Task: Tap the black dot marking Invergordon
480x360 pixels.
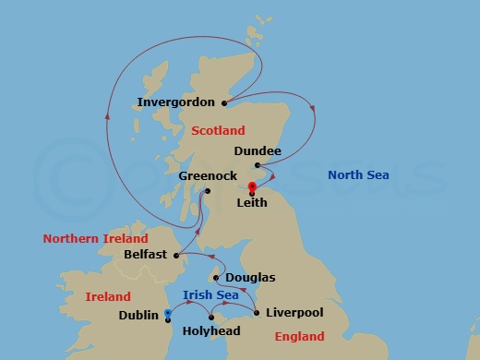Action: click(224, 102)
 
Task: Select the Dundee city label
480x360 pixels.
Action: click(258, 149)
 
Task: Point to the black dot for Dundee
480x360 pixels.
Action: click(258, 165)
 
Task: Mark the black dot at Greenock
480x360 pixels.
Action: click(207, 191)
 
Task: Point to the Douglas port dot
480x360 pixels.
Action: click(216, 277)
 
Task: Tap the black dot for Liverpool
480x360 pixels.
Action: click(256, 313)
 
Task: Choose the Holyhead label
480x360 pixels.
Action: click(213, 331)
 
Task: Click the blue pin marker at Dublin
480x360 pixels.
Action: click(167, 314)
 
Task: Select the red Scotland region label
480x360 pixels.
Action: click(218, 131)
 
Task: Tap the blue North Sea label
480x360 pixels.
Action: click(359, 175)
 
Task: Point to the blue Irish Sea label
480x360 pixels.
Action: click(211, 295)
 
